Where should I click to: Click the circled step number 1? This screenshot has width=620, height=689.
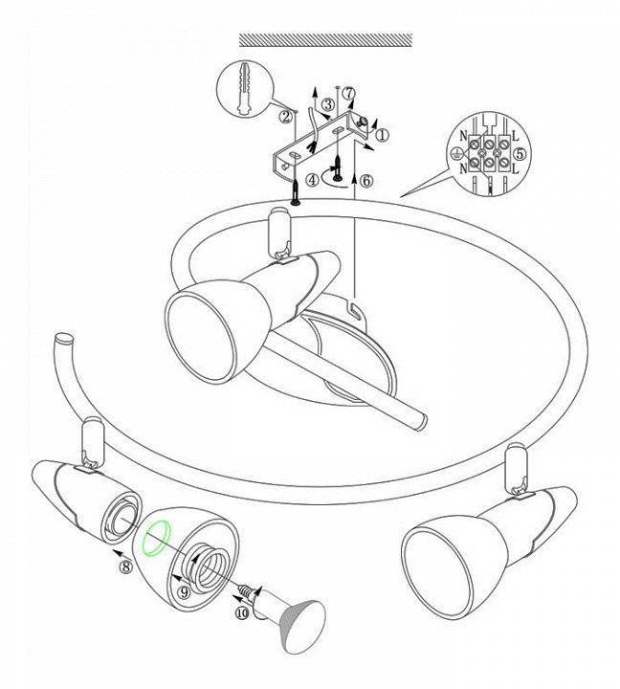coord(383,135)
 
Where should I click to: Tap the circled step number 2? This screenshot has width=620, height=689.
coord(286,117)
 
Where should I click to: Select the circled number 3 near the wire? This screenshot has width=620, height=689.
coord(328,105)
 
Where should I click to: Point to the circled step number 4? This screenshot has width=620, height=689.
coord(313,180)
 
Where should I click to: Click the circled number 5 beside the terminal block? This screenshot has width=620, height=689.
coord(520,154)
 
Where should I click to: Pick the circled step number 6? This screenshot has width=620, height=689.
coord(365,181)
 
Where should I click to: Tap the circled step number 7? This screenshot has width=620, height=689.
coord(348,94)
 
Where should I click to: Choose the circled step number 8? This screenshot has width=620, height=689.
coord(126,567)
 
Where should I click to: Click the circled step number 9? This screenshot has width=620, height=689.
coord(184,592)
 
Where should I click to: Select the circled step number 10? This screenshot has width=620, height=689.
coord(242,612)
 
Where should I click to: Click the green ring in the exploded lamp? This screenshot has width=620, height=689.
coord(156,539)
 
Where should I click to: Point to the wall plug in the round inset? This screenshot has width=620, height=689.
coord(243,90)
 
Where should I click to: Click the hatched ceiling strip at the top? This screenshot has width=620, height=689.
coord(325,40)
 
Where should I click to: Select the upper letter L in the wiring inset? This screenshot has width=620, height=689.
coord(515,135)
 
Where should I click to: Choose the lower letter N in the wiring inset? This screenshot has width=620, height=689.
coord(463,168)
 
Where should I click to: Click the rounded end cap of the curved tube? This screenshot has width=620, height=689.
coord(65,340)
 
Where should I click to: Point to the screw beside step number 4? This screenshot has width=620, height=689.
coord(338,169)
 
